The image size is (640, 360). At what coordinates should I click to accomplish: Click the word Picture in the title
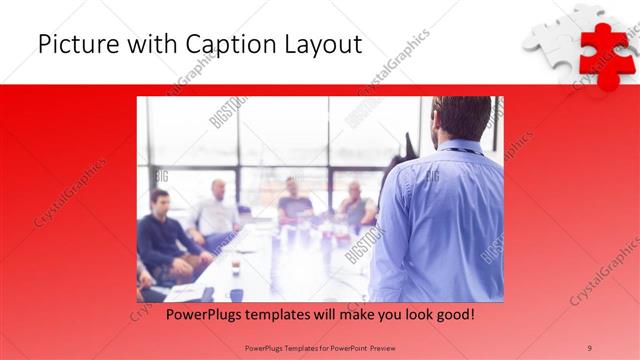[x=74, y=45]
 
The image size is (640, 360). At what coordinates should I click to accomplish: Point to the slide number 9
[x=590, y=347]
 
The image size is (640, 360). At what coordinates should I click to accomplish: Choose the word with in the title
[x=142, y=45]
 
